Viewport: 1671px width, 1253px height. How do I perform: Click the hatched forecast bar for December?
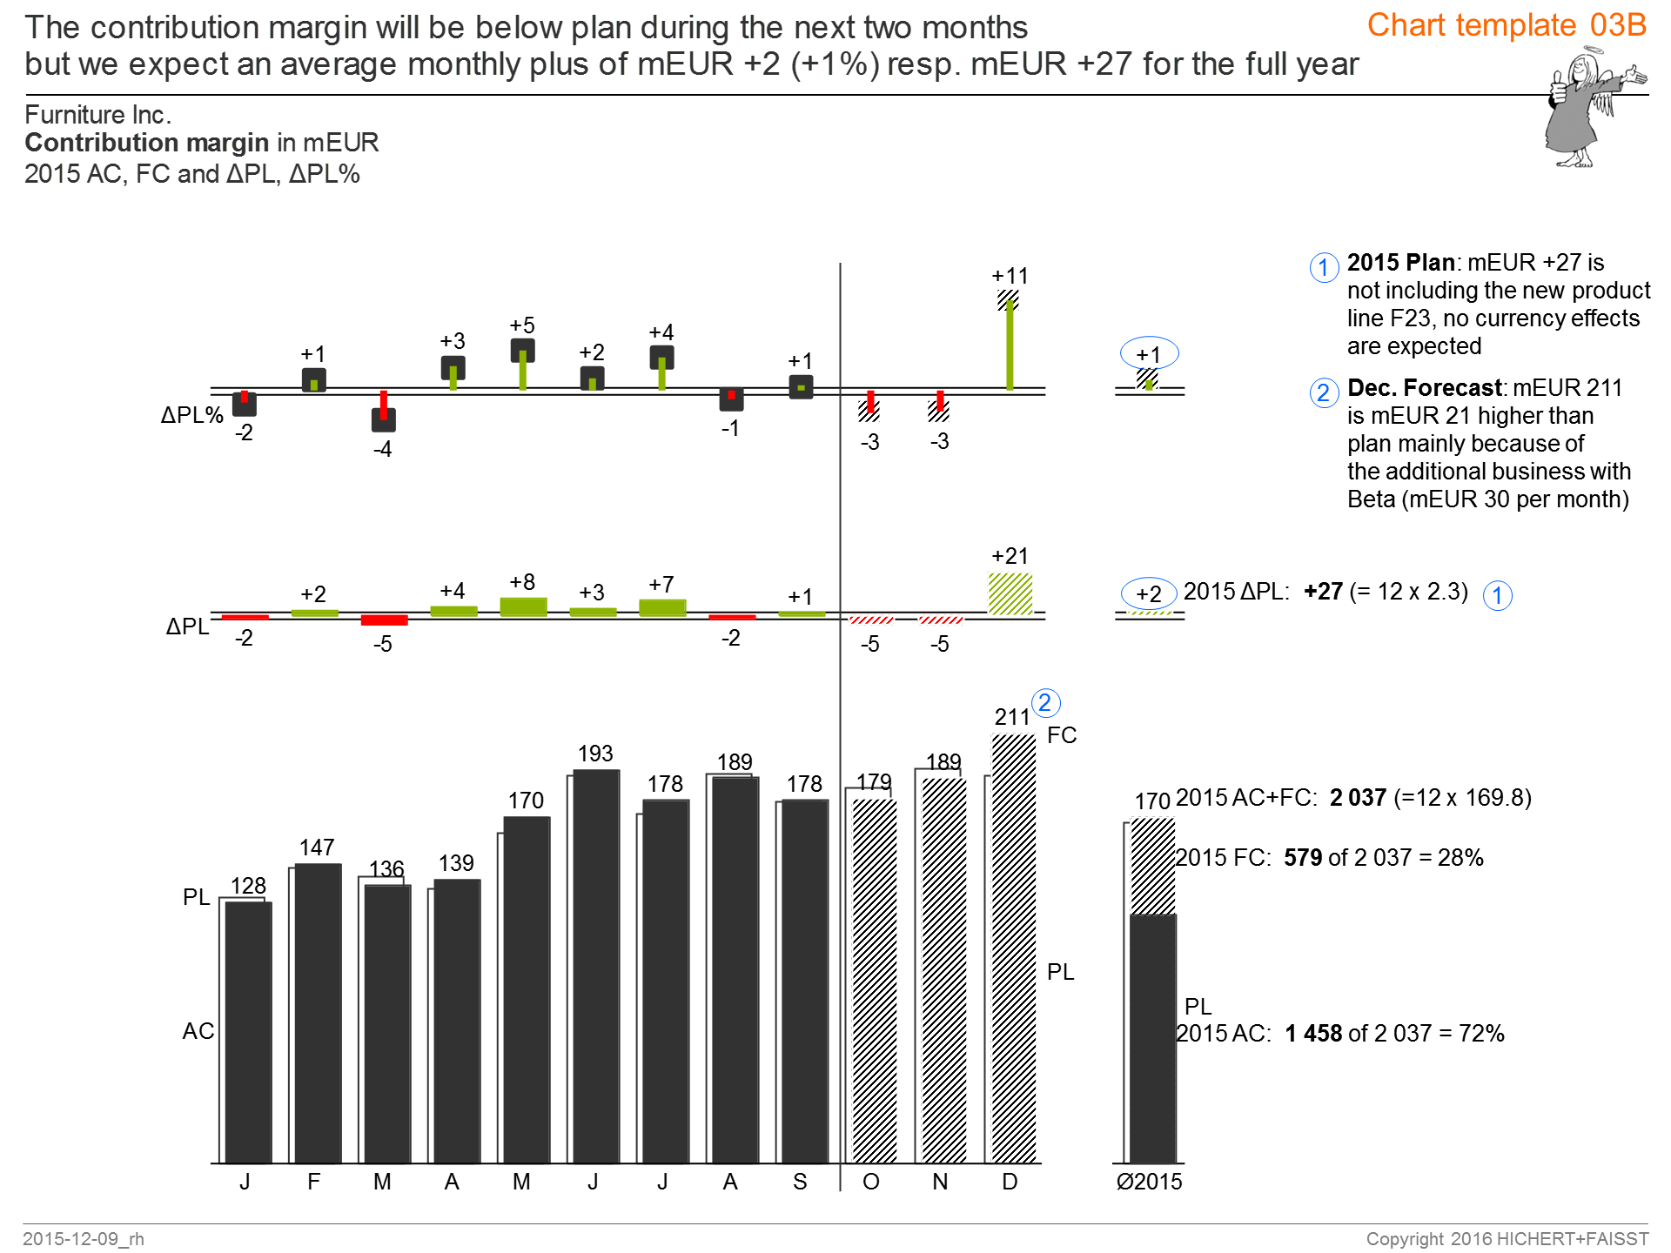click(1014, 948)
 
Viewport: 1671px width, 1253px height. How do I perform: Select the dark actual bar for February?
click(318, 1014)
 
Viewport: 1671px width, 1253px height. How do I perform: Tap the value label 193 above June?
click(595, 754)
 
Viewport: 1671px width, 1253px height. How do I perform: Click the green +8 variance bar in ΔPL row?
click(523, 606)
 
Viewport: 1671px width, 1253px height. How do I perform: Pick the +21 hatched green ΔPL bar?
click(1010, 594)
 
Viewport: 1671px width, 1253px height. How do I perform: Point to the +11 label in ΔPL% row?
click(1010, 276)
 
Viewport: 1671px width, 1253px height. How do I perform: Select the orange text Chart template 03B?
click(1507, 25)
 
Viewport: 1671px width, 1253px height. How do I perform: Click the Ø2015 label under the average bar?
click(1149, 1182)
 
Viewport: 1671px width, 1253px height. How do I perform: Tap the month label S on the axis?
click(800, 1182)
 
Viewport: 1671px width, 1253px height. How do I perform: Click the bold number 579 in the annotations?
click(1303, 858)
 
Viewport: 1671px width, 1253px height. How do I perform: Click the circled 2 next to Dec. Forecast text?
click(1323, 392)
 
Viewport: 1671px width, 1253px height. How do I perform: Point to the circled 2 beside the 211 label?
click(1045, 703)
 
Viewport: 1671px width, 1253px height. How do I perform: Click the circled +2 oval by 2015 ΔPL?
click(1149, 593)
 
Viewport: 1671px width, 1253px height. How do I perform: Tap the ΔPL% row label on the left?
click(191, 415)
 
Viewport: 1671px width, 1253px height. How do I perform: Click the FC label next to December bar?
click(1062, 735)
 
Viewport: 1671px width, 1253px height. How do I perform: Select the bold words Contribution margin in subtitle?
click(146, 143)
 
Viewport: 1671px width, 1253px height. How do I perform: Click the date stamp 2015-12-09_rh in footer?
click(84, 1238)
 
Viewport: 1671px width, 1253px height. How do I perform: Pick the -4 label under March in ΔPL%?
click(383, 450)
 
